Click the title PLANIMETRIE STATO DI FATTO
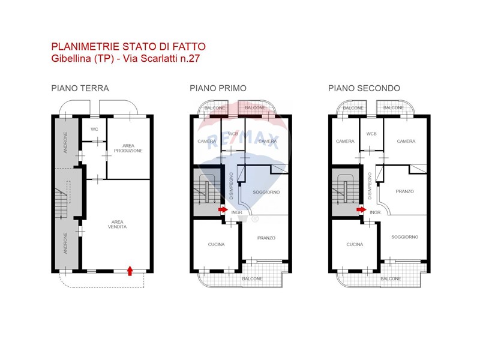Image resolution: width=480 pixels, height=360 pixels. (128, 47)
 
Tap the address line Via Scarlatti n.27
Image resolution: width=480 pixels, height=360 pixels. (161, 58)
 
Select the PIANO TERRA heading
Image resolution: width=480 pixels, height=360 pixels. (80, 88)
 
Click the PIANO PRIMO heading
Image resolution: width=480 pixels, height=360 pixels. (218, 88)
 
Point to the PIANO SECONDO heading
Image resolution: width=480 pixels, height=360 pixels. (364, 88)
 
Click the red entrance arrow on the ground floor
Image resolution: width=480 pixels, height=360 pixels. (130, 271)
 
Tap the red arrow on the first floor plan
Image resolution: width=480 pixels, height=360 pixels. (223, 209)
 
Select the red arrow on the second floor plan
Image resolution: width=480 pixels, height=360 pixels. (362, 209)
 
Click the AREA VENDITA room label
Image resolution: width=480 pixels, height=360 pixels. (117, 224)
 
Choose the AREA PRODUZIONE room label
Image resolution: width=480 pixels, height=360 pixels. (128, 148)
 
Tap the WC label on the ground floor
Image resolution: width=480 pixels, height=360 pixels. (94, 129)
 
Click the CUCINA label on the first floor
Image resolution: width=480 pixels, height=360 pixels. (217, 244)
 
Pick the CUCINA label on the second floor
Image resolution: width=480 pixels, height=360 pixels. (355, 244)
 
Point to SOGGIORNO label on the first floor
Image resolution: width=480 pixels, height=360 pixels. (266, 192)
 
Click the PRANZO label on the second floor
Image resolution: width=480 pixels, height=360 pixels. (404, 191)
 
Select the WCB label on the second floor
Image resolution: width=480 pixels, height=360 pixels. (371, 134)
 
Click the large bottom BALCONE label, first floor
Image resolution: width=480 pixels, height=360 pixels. (252, 279)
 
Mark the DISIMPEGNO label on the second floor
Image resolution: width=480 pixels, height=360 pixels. (370, 186)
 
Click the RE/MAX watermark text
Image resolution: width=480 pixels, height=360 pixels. (243, 142)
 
